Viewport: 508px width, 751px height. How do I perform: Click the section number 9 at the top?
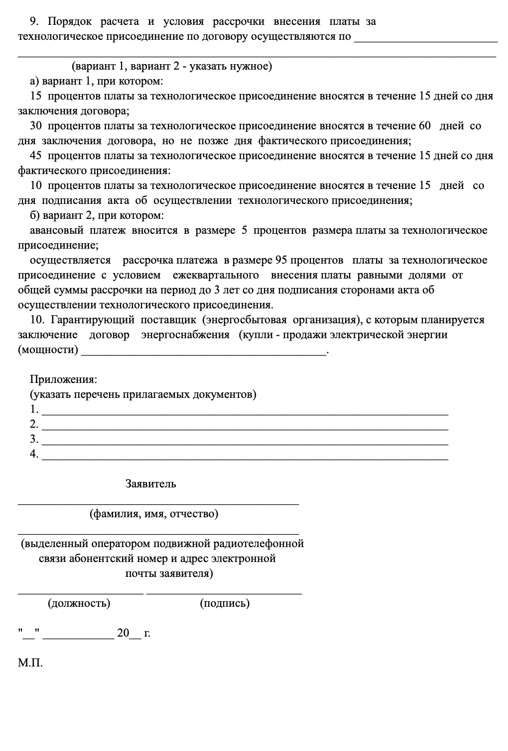pos(33,21)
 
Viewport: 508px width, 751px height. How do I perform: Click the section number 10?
pos(37,320)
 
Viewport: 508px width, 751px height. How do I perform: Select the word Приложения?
pos(64,379)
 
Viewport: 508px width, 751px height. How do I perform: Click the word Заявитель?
pos(151,483)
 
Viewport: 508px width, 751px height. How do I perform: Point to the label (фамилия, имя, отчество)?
pos(154,514)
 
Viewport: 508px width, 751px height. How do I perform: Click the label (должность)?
pos(79,603)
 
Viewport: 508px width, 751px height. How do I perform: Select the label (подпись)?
pos(225,603)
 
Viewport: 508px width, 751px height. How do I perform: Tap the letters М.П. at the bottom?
pos(30,663)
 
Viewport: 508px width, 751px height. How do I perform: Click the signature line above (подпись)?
pos(224,592)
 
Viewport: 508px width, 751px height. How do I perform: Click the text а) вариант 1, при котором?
pos(97,81)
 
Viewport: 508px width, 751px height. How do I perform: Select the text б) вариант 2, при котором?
pos(97,215)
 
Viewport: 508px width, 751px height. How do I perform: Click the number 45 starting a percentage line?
pos(36,156)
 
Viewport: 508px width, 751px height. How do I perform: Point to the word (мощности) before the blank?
pos(48,350)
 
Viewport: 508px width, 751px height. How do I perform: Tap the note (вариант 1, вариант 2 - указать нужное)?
pos(171,66)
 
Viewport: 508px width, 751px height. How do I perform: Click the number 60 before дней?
pos(424,126)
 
